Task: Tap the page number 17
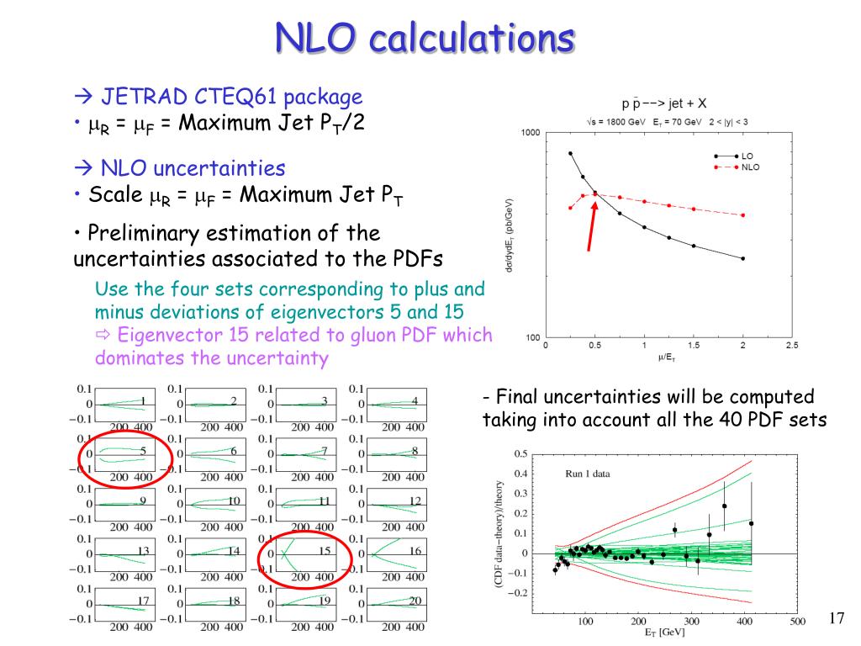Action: click(x=836, y=619)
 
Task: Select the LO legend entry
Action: click(x=747, y=156)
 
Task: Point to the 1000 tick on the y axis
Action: click(x=531, y=132)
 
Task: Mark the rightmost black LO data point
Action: click(x=743, y=258)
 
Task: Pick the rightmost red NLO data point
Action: click(x=743, y=215)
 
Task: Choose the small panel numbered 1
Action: click(x=126, y=405)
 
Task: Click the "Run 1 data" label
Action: click(x=582, y=474)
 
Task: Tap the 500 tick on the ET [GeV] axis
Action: click(x=796, y=622)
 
